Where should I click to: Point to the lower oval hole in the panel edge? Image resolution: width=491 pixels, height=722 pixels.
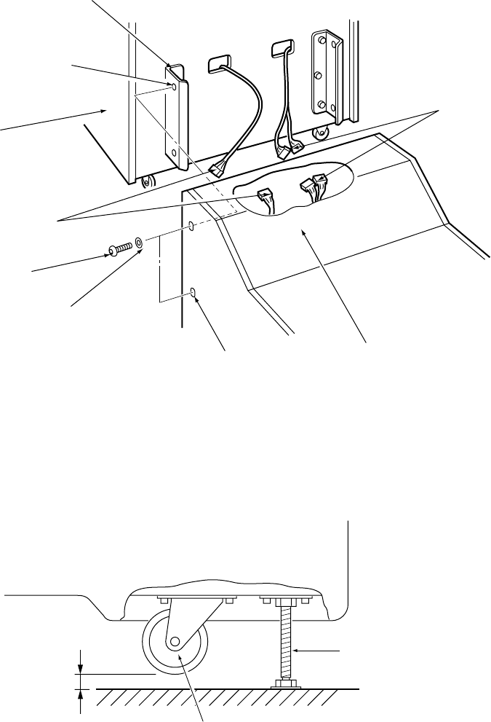tap(193, 293)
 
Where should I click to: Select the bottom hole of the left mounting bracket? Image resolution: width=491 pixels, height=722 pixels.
tap(173, 154)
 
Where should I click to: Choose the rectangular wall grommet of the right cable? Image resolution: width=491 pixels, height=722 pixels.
tap(281, 49)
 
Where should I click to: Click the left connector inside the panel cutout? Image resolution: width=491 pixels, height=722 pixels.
tap(265, 196)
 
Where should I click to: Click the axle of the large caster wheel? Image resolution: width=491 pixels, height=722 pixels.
tap(175, 643)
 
